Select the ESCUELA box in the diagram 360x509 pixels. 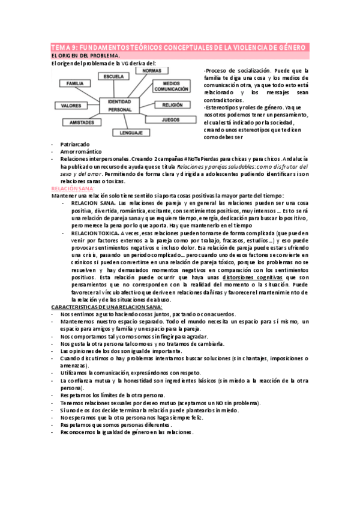[113, 77]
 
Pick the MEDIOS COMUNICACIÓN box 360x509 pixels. [167, 86]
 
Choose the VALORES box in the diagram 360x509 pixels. [71, 106]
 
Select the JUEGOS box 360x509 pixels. [170, 119]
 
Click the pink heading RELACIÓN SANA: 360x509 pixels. [70, 188]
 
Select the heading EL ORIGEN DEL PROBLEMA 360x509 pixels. [82, 56]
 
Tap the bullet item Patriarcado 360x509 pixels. [75, 145]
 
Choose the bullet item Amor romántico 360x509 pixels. [81, 152]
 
